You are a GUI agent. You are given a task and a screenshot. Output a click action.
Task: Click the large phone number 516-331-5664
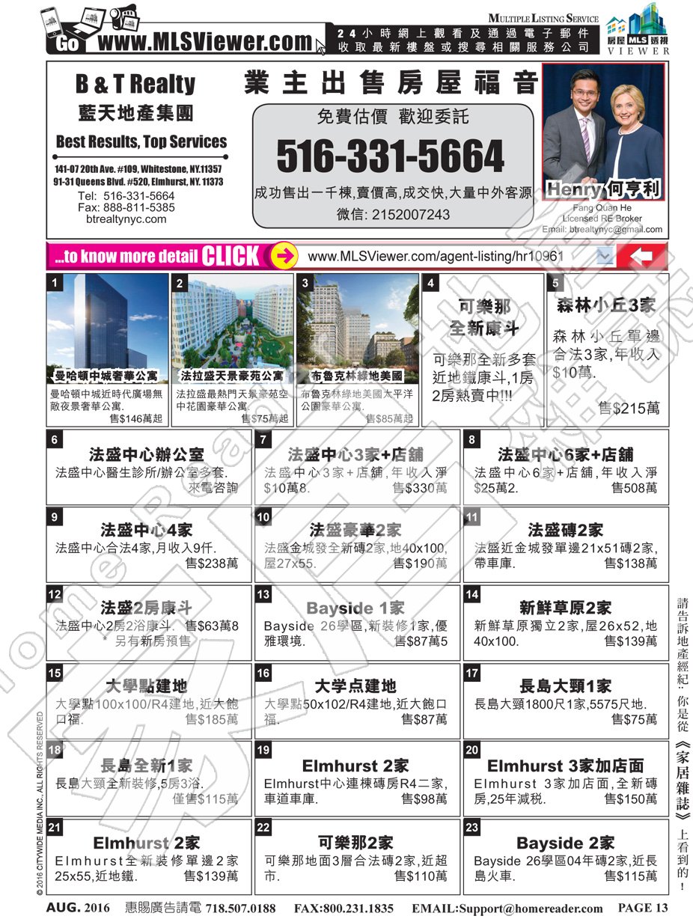coord(390,156)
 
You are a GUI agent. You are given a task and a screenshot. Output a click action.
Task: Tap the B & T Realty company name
coord(135,84)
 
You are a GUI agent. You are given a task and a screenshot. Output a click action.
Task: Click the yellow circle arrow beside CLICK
coord(282,256)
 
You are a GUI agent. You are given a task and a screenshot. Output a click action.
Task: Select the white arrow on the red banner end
coord(641,257)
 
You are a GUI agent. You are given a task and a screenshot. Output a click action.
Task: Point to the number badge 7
coord(263,440)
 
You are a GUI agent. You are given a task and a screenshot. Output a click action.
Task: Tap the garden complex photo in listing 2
coord(232,321)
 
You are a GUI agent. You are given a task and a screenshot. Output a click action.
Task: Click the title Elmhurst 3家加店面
coord(565,766)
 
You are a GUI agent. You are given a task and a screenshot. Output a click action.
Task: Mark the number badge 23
coord(472,828)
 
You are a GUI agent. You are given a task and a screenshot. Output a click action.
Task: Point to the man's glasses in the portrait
coord(583,94)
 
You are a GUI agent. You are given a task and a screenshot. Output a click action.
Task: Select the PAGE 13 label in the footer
coord(642,908)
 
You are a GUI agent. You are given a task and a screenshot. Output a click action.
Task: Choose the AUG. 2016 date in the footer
coord(78,908)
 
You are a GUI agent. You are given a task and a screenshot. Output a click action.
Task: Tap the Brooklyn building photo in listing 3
coord(357,321)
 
